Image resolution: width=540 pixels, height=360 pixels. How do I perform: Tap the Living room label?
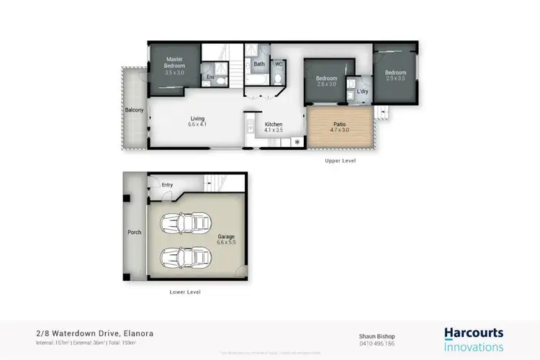tap(197, 120)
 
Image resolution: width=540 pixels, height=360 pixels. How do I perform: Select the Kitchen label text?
tap(274, 125)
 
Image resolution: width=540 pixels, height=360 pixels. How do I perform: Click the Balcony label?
tap(135, 110)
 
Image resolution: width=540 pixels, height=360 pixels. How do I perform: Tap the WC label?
tap(279, 64)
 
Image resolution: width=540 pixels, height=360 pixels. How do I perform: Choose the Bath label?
tap(258, 64)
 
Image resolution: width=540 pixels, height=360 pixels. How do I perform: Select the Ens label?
tap(210, 77)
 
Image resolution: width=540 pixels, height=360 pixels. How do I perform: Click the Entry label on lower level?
tap(167, 185)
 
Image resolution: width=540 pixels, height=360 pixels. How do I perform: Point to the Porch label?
tap(134, 232)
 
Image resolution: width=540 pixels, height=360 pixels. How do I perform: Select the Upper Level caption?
tap(340, 161)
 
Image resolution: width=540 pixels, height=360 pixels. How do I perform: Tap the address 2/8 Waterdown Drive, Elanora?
tap(94, 333)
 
